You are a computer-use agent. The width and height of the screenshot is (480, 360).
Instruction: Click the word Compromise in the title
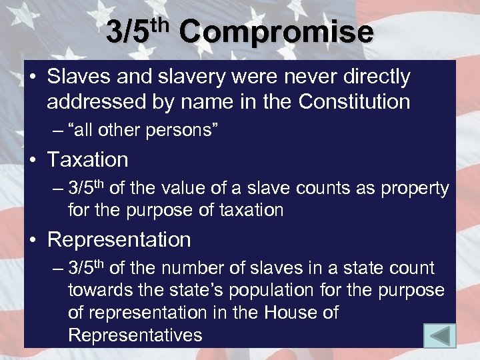pyautogui.click(x=276, y=32)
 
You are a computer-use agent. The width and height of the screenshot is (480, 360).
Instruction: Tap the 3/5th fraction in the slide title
pyautogui.click(x=136, y=32)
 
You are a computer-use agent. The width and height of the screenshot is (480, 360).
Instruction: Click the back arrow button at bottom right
pyautogui.click(x=439, y=335)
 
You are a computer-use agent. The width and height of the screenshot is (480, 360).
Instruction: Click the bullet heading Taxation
pyautogui.click(x=87, y=159)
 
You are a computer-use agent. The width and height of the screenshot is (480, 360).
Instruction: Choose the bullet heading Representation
pyautogui.click(x=119, y=239)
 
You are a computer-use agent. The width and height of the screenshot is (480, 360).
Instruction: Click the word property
pyautogui.click(x=415, y=189)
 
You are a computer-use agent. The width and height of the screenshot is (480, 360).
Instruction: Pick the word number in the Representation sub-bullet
pyautogui.click(x=194, y=268)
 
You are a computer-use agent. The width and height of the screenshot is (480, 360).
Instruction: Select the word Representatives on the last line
pyautogui.click(x=135, y=335)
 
